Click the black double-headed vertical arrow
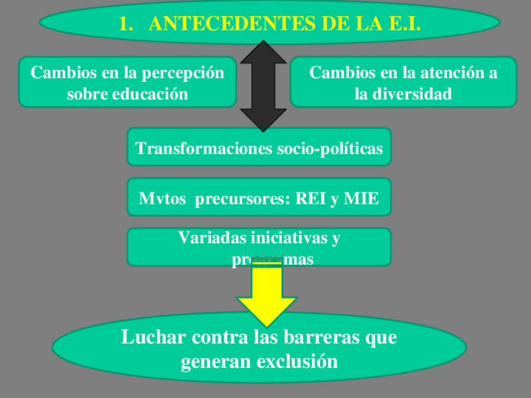[x=264, y=86]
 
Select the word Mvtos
[x=162, y=199]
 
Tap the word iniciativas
[x=287, y=238]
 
